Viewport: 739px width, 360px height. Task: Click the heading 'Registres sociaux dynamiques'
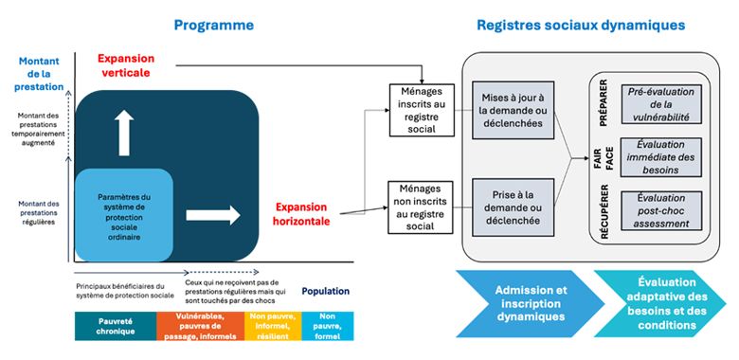[582, 25]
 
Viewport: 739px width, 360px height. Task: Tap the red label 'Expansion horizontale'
[302, 213]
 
